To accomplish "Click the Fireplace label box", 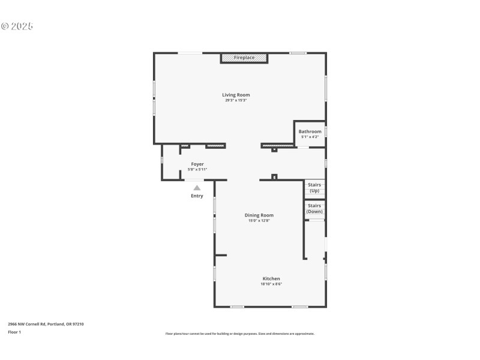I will click(244, 58).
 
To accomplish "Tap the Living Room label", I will click(236, 95).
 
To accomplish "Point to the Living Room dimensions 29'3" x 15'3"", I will click(236, 100).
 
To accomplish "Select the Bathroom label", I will click(310, 131).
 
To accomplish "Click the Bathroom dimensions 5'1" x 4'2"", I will click(310, 137).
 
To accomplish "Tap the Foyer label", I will click(197, 164).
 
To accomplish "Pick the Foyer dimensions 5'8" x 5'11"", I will click(197, 169).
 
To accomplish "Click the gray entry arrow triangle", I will click(197, 188).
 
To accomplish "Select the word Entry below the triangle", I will click(197, 196).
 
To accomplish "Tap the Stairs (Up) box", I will click(314, 188).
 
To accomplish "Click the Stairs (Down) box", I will click(314, 208).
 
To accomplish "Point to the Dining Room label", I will click(259, 215).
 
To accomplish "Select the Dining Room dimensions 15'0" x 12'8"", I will click(259, 221).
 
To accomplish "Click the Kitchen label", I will click(271, 278).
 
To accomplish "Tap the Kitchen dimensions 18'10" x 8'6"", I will click(271, 284).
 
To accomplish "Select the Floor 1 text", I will click(14, 332).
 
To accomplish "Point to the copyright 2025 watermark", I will click(17, 26).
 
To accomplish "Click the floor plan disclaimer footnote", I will click(239, 334).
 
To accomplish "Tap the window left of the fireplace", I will click(190, 53).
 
